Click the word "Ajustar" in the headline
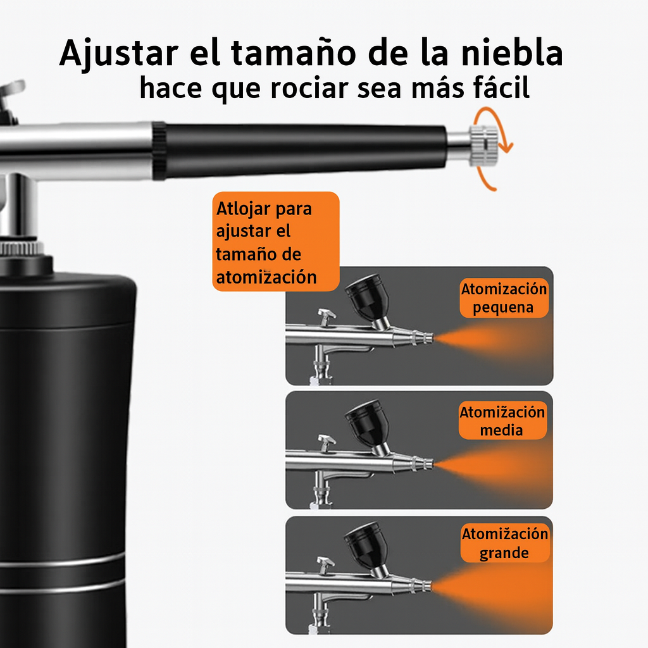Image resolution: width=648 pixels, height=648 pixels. [119, 54]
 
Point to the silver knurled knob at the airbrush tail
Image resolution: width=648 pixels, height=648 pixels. [484, 146]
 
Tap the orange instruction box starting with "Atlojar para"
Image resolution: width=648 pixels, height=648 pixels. [276, 241]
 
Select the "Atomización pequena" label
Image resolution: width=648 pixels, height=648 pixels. [504, 298]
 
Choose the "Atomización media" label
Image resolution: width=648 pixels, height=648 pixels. [502, 420]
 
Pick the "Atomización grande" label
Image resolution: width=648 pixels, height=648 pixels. [504, 543]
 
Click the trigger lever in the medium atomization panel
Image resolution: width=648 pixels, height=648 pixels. [326, 442]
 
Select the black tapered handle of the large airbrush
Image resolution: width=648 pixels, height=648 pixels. [302, 151]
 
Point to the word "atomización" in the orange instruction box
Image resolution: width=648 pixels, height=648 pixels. [266, 277]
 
